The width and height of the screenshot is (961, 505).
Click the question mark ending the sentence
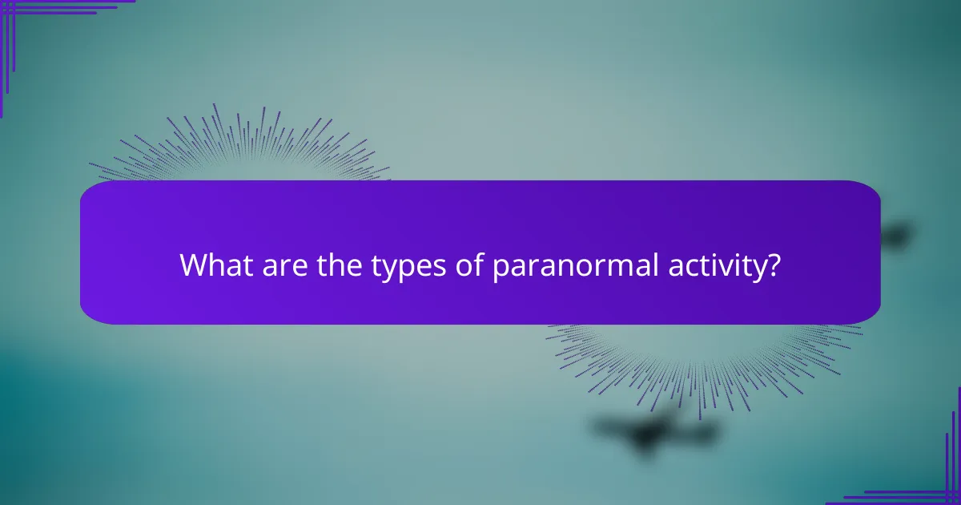click(773, 265)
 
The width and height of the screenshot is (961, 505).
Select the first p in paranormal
click(501, 269)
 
